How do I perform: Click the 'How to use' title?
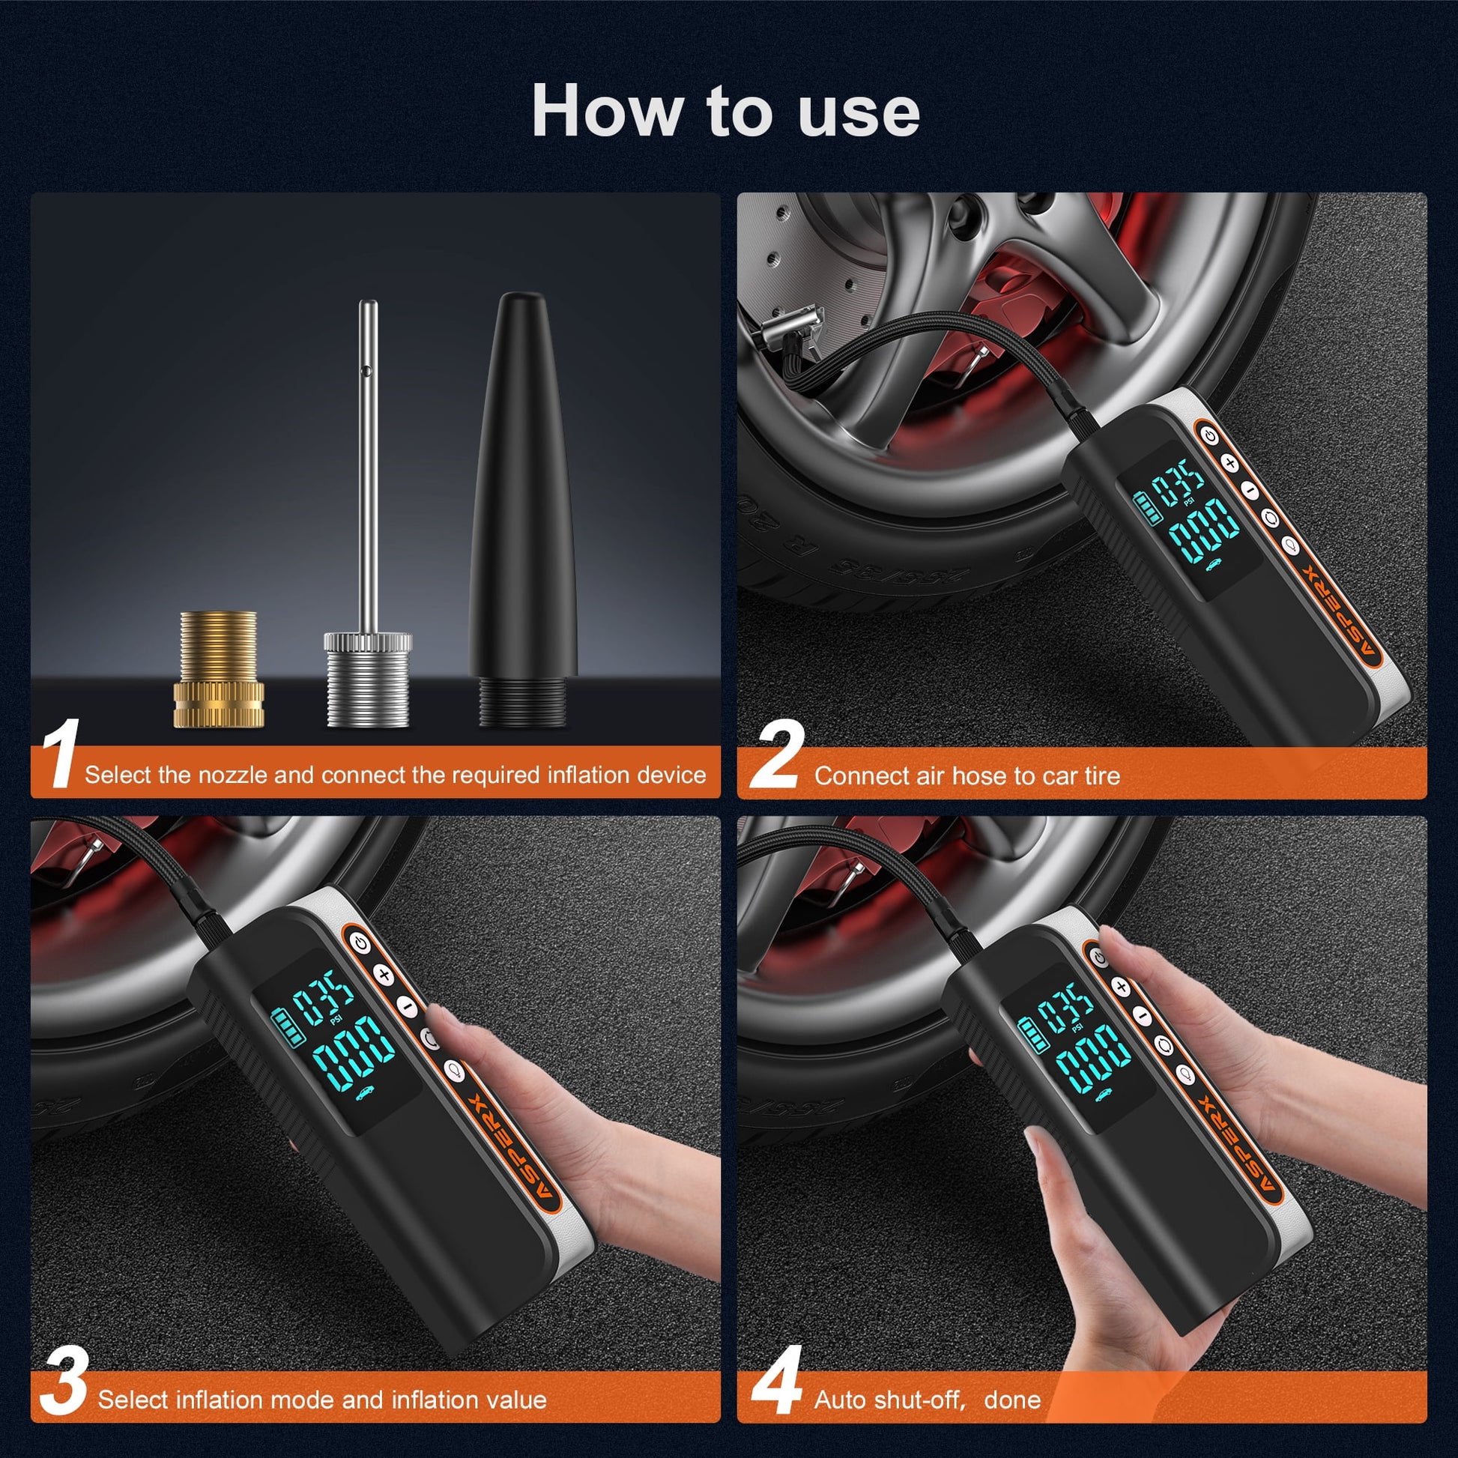coord(725,112)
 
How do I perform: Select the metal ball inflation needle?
coord(369,528)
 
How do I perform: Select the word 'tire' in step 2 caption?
coord(1101,775)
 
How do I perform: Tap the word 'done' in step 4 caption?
coord(1012,1399)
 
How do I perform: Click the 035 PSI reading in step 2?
coord(1182,483)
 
